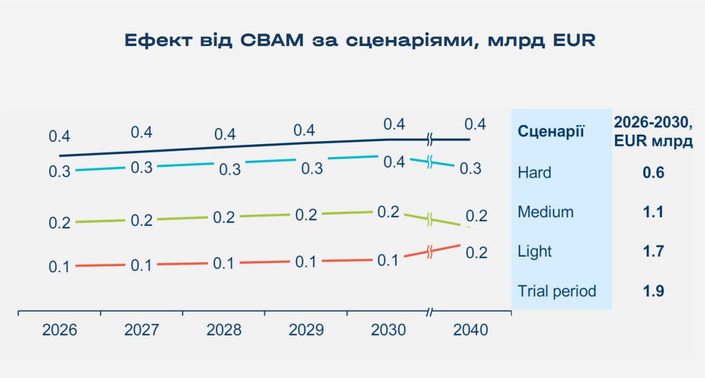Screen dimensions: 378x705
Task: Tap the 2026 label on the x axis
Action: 59,330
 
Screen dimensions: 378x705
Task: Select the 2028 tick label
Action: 224,330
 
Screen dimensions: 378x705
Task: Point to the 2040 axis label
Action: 471,330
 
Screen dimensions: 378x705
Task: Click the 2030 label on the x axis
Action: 388,330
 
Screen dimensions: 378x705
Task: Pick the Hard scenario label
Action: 534,173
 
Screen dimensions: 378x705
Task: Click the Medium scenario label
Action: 546,212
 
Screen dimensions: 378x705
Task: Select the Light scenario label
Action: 534,251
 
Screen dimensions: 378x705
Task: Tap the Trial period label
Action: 557,291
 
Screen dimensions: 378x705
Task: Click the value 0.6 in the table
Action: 653,173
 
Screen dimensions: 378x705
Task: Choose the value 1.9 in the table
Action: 653,291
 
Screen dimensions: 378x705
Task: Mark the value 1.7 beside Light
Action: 653,251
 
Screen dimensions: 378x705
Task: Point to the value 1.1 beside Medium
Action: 653,212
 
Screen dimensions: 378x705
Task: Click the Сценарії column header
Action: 550,132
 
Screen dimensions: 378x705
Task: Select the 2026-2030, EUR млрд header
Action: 653,132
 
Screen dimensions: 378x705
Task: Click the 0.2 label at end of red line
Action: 477,253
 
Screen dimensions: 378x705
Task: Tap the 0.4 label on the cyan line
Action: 394,162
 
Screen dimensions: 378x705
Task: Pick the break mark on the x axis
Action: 429,312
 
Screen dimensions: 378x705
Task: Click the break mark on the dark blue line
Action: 429,140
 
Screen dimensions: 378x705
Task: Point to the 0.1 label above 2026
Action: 59,267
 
